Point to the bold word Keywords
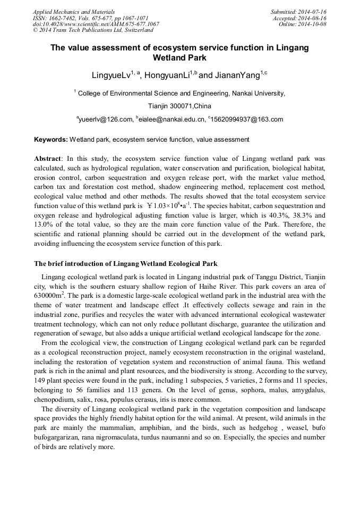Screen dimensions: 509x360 pos(50,140)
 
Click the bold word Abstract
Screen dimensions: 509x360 pos(48,159)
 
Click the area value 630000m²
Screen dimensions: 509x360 pos(50,296)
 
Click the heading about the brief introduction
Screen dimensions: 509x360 pos(125,264)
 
